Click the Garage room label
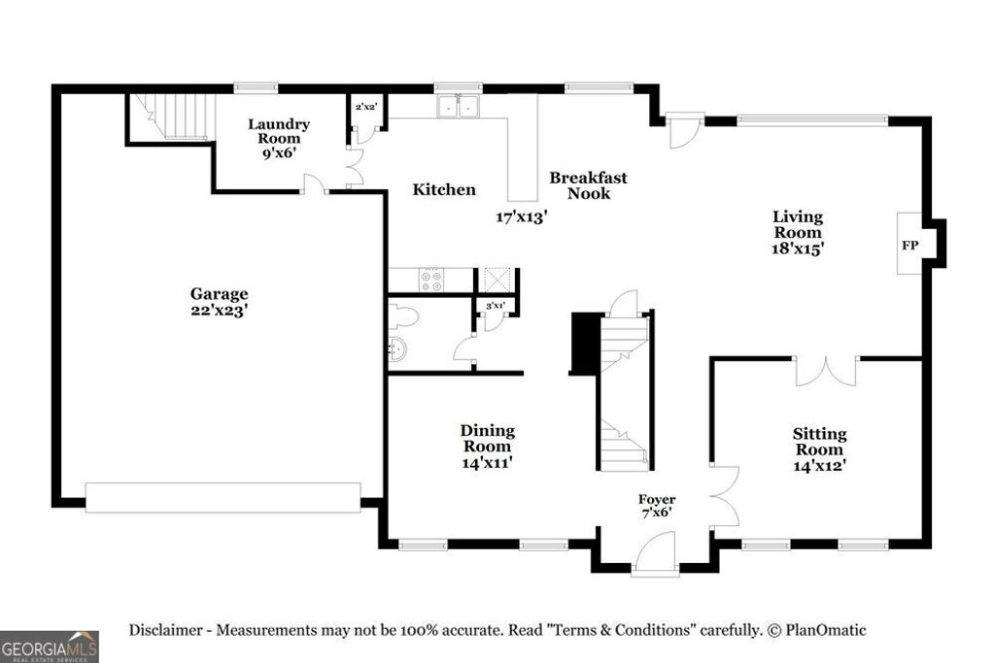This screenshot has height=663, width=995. [x=219, y=294]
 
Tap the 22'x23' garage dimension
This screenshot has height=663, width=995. [x=219, y=311]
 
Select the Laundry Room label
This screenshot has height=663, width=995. [x=279, y=131]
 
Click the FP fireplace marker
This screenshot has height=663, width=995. [x=909, y=245]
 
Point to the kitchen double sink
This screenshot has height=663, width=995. [x=459, y=105]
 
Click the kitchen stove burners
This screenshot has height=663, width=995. [x=430, y=280]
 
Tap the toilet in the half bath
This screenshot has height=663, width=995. [x=402, y=315]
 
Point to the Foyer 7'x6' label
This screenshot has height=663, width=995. [x=656, y=506]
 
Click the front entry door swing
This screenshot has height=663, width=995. [x=656, y=552]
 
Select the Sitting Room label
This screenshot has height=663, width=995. [x=819, y=442]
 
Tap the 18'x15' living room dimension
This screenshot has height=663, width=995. [x=798, y=249]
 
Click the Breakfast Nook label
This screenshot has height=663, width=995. [x=588, y=185]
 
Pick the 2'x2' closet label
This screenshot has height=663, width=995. [x=366, y=107]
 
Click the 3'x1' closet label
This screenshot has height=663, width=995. [x=496, y=306]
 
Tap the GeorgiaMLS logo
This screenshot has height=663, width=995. [x=50, y=646]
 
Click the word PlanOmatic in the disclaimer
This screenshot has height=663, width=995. [x=826, y=630]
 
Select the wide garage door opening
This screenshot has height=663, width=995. [x=223, y=498]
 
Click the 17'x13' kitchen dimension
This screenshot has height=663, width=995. [x=522, y=217]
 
